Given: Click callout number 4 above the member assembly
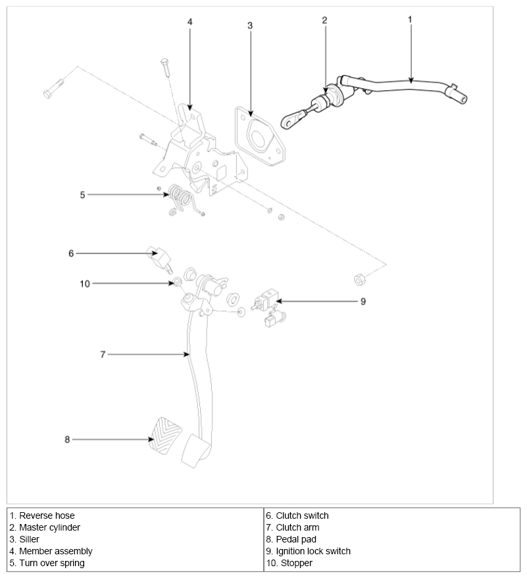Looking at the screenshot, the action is tap(189, 22).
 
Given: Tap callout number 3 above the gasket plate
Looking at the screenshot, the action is tap(250, 26).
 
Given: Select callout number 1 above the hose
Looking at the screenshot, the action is tap(410, 19).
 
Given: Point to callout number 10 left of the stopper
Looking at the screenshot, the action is tap(85, 284).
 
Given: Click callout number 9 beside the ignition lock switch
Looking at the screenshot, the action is tap(363, 302).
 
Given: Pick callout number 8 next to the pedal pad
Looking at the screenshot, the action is tap(67, 439).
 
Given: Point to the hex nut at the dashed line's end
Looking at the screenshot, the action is tap(359, 279).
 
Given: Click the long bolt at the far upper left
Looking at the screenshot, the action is tap(53, 88).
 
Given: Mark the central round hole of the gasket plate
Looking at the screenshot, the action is tap(259, 139).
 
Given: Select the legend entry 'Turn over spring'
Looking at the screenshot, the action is tap(47, 563).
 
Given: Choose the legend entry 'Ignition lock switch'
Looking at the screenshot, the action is tap(308, 551).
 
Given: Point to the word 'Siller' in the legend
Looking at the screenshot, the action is tap(29, 539).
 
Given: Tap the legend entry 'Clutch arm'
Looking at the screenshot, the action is tap(293, 527).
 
